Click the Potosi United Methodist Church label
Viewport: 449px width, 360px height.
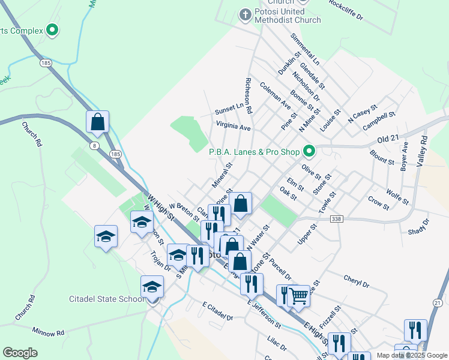pos(286,15)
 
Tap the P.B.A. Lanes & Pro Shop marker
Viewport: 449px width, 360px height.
pos(309,151)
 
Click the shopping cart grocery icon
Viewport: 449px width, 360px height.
pos(298,295)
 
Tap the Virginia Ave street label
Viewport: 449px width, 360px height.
pos(234,127)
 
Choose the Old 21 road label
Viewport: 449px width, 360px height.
pos(388,139)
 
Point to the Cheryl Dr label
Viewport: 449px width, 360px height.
pos(355,279)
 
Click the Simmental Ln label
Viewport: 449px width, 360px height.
pos(305,49)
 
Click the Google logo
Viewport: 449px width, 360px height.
pos(20,353)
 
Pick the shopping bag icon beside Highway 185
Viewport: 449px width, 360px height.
pos(97,122)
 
